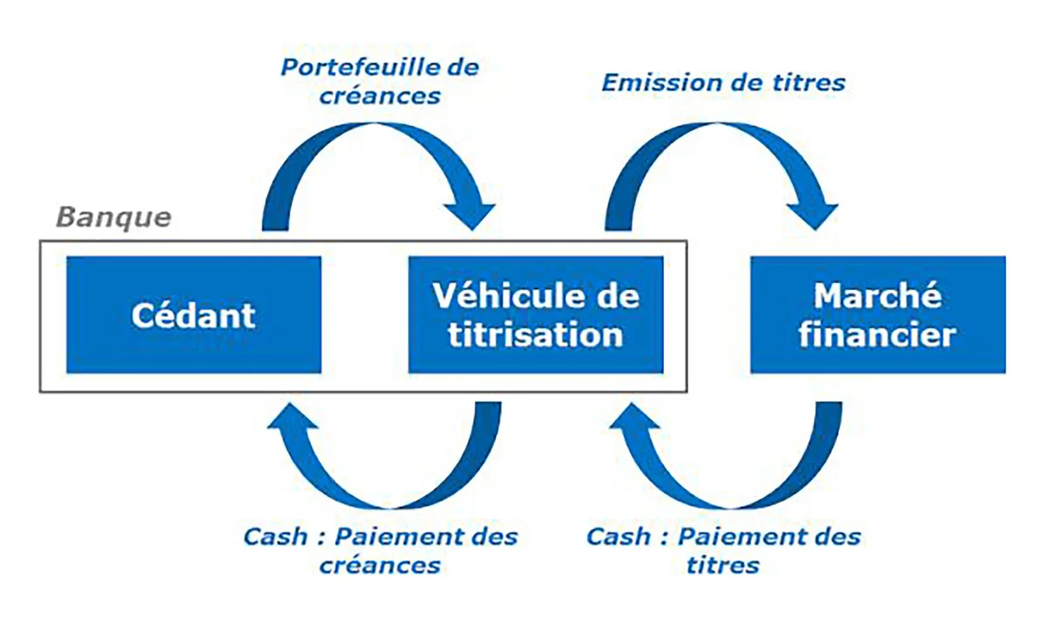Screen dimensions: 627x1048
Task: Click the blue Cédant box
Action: click(x=193, y=314)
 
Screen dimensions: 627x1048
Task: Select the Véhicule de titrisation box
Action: click(x=535, y=314)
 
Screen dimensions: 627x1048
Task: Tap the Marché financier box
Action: click(x=877, y=314)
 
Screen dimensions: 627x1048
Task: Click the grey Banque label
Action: click(x=113, y=217)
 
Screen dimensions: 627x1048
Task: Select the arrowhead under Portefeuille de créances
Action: click(x=469, y=214)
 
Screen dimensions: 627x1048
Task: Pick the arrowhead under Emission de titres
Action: click(x=812, y=214)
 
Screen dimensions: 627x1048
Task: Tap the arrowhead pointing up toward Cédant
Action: click(x=292, y=417)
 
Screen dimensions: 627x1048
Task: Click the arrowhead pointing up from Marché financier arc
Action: click(x=634, y=417)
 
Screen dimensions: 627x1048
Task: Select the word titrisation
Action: click(x=535, y=335)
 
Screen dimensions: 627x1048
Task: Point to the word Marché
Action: click(x=877, y=295)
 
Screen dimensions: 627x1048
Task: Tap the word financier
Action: click(x=877, y=335)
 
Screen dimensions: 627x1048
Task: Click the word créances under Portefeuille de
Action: click(x=380, y=96)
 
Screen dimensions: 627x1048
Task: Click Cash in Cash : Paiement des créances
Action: click(x=275, y=537)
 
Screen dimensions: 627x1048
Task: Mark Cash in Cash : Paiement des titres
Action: click(x=618, y=537)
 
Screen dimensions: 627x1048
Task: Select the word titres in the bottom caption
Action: click(x=722, y=565)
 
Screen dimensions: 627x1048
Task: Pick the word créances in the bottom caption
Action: click(x=380, y=565)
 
